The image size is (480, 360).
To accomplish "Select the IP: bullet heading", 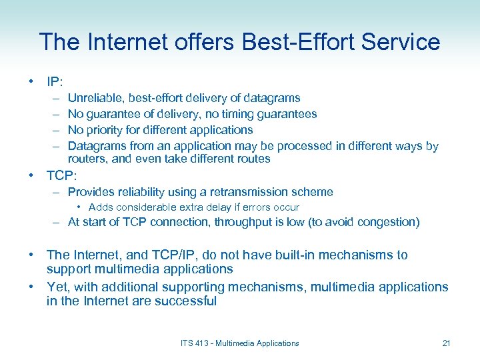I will (x=55, y=82).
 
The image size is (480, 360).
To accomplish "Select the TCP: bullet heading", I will (x=61, y=176).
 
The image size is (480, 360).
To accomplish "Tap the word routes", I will (x=251, y=159).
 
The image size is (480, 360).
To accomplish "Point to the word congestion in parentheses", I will (x=387, y=223).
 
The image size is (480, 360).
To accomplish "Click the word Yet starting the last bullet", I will (x=58, y=287).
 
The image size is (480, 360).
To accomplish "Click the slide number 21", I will (x=446, y=343).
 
